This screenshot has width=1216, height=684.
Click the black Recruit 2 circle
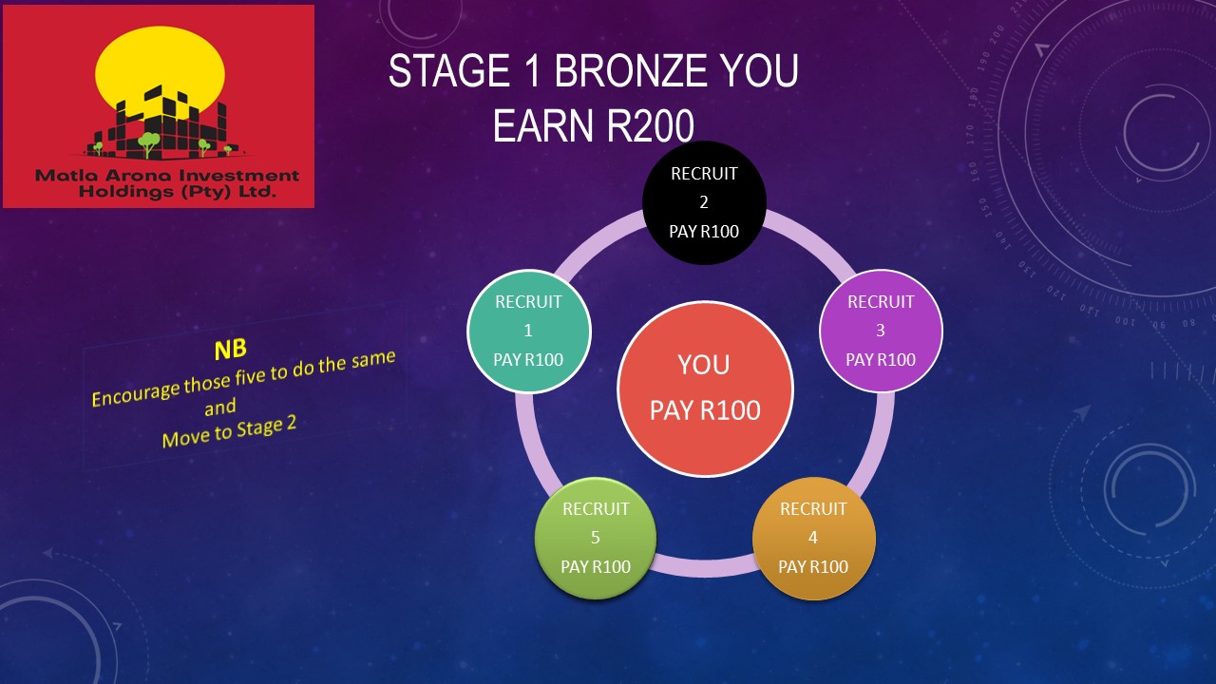[x=704, y=202]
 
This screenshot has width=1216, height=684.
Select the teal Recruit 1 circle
[x=529, y=331]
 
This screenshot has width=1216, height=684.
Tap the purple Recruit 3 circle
[x=881, y=331]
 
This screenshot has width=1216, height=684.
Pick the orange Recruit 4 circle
[x=813, y=538]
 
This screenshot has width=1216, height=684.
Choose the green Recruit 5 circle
[x=596, y=538]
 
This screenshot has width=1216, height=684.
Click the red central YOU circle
[x=705, y=389]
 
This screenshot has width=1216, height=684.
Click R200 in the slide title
[x=651, y=125]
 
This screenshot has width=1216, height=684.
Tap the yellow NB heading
[x=230, y=350]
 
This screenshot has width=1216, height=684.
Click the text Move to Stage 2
[x=229, y=432]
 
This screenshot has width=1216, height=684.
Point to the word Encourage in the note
[x=136, y=392]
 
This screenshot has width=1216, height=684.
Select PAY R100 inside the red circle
[x=705, y=410]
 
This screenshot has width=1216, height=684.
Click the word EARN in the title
[x=542, y=125]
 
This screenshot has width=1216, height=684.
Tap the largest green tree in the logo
[x=148, y=142]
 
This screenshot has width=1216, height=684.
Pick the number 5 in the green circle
[x=596, y=538]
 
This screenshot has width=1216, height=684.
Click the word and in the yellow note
[x=220, y=407]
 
